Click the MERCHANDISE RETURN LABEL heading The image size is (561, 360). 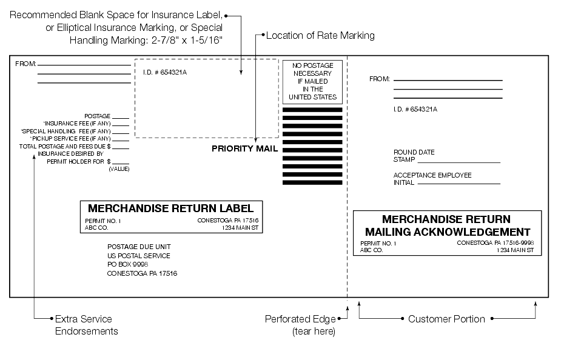pyautogui.click(x=170, y=208)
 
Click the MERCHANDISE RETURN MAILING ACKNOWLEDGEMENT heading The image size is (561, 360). pyautogui.click(x=447, y=225)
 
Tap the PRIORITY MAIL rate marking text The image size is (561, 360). pyautogui.click(x=244, y=148)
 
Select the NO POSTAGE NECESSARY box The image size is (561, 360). pyautogui.click(x=312, y=81)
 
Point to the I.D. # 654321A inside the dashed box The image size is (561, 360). pyautogui.click(x=161, y=73)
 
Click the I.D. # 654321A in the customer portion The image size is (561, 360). pyautogui.click(x=415, y=109)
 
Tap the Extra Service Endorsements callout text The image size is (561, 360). pyautogui.click(x=86, y=325)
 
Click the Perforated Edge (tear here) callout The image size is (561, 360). pyautogui.click(x=300, y=325)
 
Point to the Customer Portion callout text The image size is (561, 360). pyautogui.click(x=446, y=319)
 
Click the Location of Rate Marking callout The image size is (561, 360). pyautogui.click(x=321, y=36)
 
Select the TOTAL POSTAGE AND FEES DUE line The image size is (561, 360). pyautogui.click(x=65, y=146)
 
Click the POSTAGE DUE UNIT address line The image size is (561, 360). pyautogui.click(x=139, y=247)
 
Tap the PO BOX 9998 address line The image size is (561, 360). pyautogui.click(x=127, y=264)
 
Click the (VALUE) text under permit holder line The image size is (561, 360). pyautogui.click(x=119, y=169)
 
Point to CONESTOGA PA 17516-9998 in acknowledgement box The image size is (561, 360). pyautogui.click(x=495, y=243)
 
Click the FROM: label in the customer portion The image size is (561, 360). pyautogui.click(x=380, y=79)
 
